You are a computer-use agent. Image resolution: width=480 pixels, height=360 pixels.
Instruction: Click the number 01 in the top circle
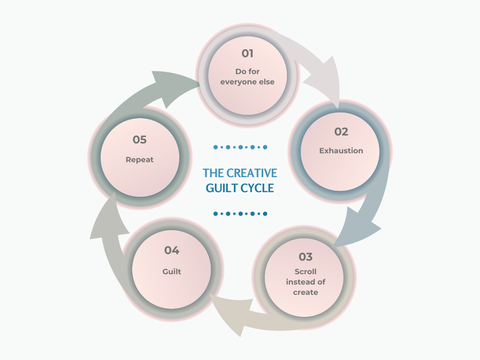247,53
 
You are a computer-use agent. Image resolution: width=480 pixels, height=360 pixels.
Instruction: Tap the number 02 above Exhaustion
341,132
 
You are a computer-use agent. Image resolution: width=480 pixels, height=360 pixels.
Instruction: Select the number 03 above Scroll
305,257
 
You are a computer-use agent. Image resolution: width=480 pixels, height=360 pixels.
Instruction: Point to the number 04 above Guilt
172,250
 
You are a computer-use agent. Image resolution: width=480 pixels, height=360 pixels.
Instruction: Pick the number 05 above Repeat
140,140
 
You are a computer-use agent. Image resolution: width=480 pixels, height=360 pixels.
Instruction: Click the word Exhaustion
341,151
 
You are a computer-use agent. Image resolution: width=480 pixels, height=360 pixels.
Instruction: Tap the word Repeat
140,159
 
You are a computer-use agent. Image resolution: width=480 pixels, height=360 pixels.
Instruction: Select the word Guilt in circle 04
172,271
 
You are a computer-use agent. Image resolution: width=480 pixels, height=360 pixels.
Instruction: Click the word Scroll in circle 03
306,272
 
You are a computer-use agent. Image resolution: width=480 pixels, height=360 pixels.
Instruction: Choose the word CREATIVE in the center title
252,173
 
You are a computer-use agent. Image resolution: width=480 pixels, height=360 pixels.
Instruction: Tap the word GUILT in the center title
223,188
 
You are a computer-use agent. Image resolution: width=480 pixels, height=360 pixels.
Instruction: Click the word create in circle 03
306,292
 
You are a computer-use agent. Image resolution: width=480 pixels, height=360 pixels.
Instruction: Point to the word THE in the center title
213,173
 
